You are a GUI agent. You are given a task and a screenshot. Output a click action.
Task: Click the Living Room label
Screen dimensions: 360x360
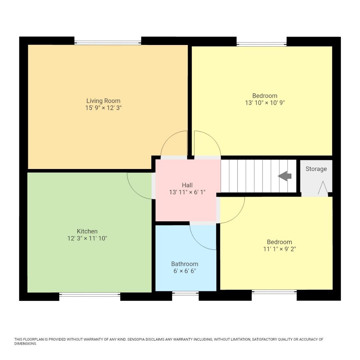[103, 101]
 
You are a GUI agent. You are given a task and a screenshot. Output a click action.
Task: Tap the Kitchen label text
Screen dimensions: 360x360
[87, 231]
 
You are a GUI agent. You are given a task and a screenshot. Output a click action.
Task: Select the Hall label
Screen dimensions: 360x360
[187, 185]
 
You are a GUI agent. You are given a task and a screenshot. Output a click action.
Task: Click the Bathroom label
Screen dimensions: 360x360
[185, 264]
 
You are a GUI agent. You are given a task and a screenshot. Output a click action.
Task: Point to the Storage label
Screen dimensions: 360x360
[316, 169]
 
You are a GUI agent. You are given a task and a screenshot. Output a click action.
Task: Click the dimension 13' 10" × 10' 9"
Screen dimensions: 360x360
[265, 103]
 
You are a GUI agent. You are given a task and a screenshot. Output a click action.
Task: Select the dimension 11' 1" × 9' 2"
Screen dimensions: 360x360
[279, 249]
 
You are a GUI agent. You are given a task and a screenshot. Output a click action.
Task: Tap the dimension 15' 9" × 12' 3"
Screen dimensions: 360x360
[103, 108]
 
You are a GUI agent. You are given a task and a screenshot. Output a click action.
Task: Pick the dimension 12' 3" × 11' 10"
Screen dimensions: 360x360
[87, 238]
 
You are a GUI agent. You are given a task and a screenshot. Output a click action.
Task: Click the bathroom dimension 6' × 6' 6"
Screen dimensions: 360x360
[185, 271]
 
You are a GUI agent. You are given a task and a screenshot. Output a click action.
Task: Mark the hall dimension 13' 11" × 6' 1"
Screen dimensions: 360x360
[187, 192]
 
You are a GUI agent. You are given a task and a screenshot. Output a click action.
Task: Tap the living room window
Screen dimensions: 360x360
[108, 42]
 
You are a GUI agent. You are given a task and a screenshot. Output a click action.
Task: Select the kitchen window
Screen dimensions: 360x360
[90, 294]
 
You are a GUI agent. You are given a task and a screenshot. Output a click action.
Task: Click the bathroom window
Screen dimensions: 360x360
[185, 293]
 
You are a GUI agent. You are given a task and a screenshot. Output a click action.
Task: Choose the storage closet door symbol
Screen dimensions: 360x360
[323, 188]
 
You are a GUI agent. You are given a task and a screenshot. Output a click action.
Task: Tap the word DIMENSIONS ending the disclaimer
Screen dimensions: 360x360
[25, 344]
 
